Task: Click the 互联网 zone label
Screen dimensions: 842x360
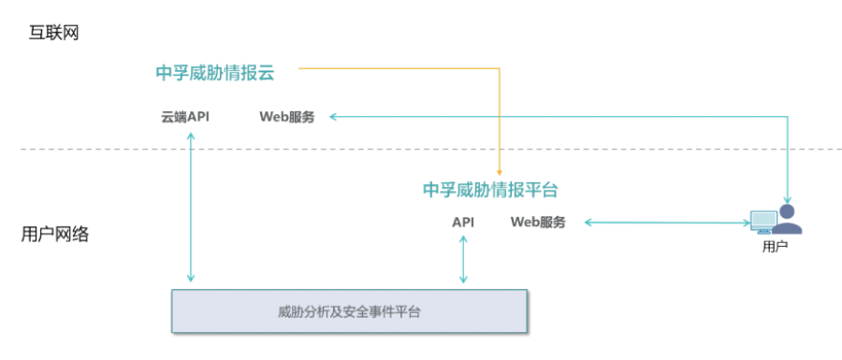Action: coord(53,34)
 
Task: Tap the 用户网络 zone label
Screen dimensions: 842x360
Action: coord(55,235)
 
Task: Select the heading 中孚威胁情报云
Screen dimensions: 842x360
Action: coord(215,73)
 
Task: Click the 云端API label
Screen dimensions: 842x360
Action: coord(185,117)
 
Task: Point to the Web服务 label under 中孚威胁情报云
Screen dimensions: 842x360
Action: coord(287,117)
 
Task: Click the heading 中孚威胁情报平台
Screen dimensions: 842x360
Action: coord(490,190)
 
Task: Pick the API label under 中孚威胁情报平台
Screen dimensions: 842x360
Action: coord(463,223)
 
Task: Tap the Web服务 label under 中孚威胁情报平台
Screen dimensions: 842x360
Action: coord(538,223)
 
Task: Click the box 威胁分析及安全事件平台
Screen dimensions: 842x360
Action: coord(349,311)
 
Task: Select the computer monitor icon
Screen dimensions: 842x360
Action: coord(763,222)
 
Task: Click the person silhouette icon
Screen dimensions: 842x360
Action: coord(787,219)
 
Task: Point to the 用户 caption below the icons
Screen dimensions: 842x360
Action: coord(775,247)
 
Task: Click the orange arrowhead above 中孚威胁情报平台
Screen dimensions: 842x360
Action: coord(500,172)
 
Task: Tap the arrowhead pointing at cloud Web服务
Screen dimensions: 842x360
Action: coord(333,117)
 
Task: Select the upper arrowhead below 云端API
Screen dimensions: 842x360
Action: coord(190,135)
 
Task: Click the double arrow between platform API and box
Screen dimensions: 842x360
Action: coord(463,259)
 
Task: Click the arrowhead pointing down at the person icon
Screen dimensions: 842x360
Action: coord(788,198)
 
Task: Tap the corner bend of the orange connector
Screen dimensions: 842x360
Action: coord(500,68)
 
